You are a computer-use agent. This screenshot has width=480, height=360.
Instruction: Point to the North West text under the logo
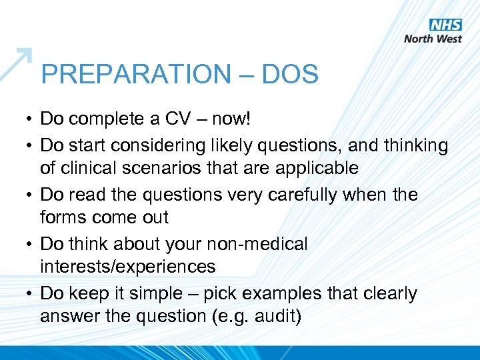(433, 39)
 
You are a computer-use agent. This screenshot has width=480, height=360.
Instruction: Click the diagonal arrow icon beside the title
(16, 63)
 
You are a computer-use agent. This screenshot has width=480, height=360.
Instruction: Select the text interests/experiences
(127, 267)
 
